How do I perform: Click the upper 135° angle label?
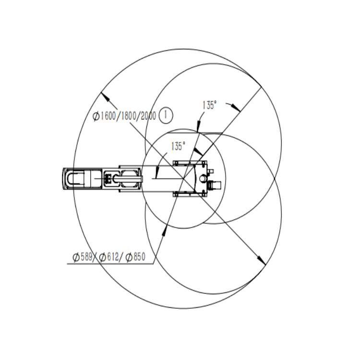tap(209, 106)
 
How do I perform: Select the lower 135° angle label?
tap(178, 146)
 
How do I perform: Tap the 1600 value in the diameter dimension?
tap(108, 116)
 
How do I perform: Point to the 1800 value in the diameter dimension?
tap(128, 116)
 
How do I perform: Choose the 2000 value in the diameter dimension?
tap(148, 116)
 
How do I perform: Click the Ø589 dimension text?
tap(83, 257)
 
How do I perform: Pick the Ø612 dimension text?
tap(109, 257)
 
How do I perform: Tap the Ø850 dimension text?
tap(135, 257)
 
